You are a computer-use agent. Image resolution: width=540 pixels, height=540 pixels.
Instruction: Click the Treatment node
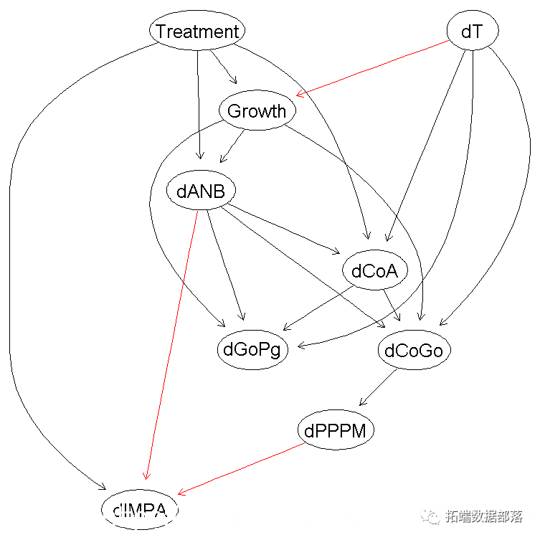(197, 31)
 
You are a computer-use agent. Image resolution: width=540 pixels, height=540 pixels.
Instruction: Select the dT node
(471, 31)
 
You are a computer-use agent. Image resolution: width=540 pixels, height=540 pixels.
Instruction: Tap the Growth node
(257, 111)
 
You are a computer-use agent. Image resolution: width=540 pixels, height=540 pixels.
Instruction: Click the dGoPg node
(252, 350)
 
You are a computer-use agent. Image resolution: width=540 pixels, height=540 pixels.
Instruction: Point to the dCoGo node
(414, 350)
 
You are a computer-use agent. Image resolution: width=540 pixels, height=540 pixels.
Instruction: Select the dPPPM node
(336, 431)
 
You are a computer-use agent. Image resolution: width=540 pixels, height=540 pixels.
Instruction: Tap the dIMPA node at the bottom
(140, 510)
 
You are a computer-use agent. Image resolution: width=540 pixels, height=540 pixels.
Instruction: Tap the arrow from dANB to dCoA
(283, 230)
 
